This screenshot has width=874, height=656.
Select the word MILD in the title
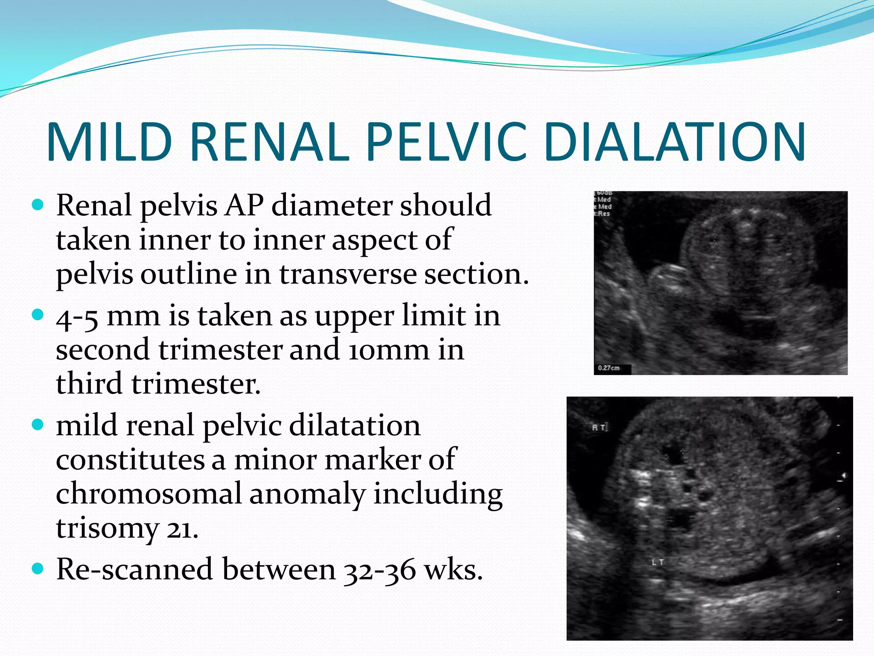point(109,142)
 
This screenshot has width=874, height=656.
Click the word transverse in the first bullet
point(348,274)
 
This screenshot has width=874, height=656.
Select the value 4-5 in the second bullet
point(77,317)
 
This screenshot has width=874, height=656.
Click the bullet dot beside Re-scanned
point(38,569)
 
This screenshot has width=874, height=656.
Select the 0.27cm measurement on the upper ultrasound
point(609,368)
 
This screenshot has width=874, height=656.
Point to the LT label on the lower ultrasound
point(658,562)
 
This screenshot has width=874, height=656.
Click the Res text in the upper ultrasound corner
point(603,214)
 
